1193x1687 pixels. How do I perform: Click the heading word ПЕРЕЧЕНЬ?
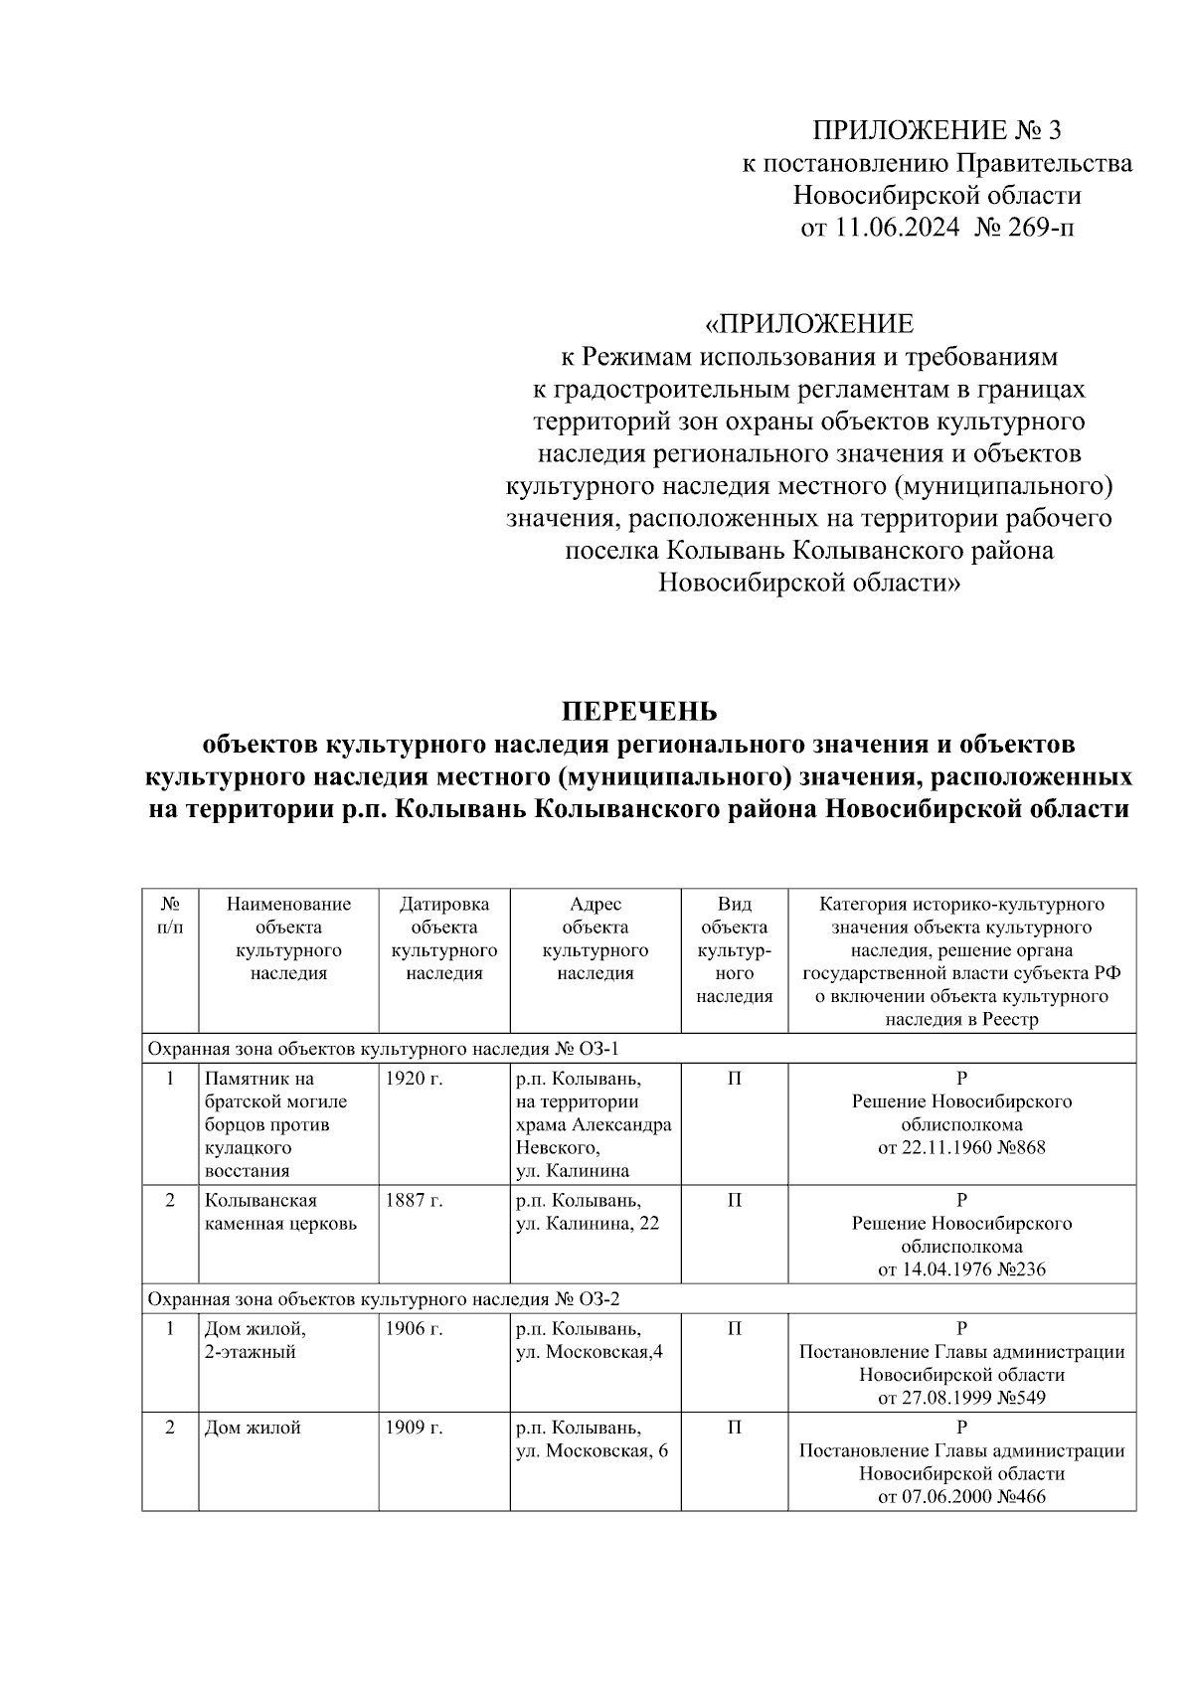(639, 712)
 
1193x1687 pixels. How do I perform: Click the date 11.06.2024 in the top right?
(897, 228)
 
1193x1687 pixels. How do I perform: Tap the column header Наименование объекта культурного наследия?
(288, 938)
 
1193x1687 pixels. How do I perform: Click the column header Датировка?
(444, 905)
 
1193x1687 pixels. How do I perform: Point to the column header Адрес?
(595, 905)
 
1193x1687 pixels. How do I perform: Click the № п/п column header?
(170, 916)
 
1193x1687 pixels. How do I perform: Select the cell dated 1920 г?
(413, 1079)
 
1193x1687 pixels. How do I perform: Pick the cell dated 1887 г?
(413, 1201)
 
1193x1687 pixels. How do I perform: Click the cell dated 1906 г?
(413, 1329)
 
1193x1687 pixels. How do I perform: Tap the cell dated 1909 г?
(413, 1428)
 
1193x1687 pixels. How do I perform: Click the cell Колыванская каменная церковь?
(280, 1213)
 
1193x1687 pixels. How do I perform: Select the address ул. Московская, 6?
(592, 1451)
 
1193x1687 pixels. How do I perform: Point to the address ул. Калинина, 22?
(587, 1224)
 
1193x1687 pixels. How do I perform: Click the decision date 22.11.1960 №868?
(961, 1148)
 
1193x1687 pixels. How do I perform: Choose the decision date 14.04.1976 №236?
(961, 1269)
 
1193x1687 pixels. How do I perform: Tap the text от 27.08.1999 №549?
(961, 1399)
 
